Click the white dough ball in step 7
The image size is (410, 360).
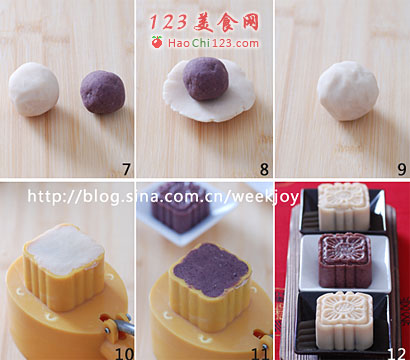(x=34, y=89)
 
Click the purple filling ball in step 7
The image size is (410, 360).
(x=103, y=92)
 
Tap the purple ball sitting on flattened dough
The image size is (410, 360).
(x=206, y=79)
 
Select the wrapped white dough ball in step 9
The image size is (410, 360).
(x=348, y=91)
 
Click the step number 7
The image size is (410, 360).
(x=126, y=169)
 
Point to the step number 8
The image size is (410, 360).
(x=264, y=169)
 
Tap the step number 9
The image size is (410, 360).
(x=402, y=169)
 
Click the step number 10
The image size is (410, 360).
(x=124, y=353)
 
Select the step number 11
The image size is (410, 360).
(x=261, y=353)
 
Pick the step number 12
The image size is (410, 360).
(x=397, y=353)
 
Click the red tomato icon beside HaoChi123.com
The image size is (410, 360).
(x=157, y=42)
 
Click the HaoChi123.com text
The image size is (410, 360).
(x=213, y=43)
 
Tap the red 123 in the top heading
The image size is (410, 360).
(x=168, y=22)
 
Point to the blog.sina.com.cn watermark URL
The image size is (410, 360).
(x=163, y=197)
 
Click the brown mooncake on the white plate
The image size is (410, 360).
(x=345, y=260)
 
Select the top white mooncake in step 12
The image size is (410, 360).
(x=344, y=207)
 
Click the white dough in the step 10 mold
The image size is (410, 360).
(x=65, y=249)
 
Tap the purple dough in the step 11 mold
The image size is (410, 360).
(x=210, y=269)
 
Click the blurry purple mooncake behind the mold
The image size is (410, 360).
(x=181, y=207)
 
